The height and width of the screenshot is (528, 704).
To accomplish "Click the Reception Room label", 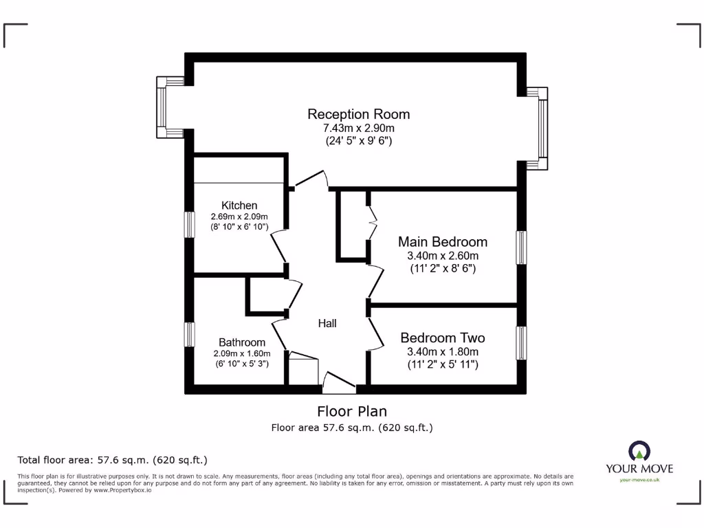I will pos(358,114).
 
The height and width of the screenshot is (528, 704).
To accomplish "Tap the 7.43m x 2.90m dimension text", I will pos(358,128).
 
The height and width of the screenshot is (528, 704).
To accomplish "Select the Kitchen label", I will pos(239,205).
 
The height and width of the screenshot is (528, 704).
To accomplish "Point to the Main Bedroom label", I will pos(443,242).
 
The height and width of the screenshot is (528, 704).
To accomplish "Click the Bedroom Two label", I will pos(442,338).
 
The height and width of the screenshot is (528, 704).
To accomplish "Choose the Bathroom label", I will pos(242,342).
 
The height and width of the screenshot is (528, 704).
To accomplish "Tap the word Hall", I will pos(327,323).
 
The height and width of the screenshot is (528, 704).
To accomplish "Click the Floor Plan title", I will pos(351,411).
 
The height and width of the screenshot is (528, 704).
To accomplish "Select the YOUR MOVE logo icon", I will pos(639,451).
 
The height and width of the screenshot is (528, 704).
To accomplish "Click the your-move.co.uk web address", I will pos(639,480).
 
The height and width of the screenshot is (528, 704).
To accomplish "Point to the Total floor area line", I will pos(112,459).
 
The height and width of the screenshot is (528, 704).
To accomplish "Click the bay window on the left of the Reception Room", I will pos(162,107).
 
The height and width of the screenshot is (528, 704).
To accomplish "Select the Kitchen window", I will pos(188,224).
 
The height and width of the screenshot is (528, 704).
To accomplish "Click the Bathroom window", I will pos(188,334).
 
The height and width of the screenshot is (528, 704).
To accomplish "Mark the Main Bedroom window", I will pos(522,247).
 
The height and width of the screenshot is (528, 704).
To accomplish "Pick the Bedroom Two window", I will pos(522,342).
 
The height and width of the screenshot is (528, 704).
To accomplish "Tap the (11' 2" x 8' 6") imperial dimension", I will pos(442,268).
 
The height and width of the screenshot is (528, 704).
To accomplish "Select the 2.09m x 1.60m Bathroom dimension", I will pos(242,353).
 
